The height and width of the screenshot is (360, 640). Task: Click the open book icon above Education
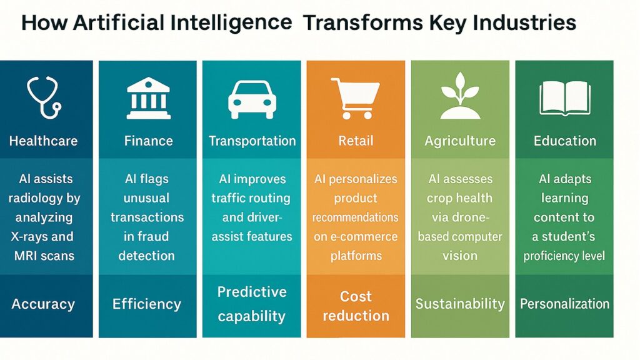(x=564, y=99)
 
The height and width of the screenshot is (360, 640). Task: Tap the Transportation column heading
(x=252, y=141)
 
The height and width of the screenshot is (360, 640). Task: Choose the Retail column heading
(x=356, y=141)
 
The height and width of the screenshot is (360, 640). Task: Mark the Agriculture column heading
(x=460, y=141)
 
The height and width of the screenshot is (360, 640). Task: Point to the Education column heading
(x=565, y=141)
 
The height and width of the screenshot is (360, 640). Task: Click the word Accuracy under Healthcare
(x=43, y=305)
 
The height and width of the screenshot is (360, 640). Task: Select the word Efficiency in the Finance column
(x=147, y=305)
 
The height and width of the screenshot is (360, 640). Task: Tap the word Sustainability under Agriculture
(x=460, y=304)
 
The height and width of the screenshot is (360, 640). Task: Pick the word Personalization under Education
(x=565, y=304)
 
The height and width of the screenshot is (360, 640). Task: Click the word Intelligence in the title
(x=235, y=23)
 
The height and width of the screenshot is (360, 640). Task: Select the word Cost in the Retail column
(x=356, y=296)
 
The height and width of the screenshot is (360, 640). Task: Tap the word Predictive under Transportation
(x=252, y=292)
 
